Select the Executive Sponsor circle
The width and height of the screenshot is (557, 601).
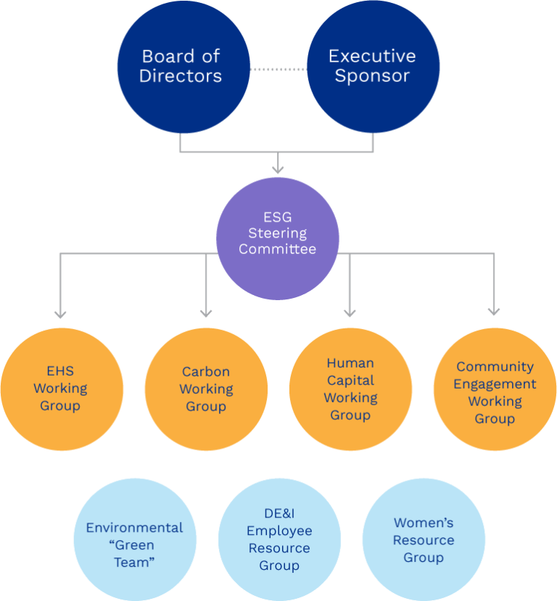pos(373,67)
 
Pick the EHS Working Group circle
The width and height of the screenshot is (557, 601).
pos(61,389)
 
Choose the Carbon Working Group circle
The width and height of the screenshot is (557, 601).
pos(206,389)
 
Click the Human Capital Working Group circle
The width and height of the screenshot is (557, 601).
pos(350,389)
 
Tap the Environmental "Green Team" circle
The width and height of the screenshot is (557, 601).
pos(135,539)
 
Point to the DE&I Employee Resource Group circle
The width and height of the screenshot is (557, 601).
pos(279,539)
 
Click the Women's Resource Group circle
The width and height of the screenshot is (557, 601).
pos(424,539)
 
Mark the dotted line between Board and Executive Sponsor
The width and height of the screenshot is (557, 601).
pos(278,69)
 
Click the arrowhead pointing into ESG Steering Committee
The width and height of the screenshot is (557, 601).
pos(278,170)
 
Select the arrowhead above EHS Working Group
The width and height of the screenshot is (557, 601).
pos(61,313)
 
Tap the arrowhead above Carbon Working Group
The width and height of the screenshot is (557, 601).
pos(206,312)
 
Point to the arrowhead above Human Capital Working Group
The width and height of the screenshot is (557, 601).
pos(350,312)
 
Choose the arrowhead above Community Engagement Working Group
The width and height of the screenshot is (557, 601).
pos(494,312)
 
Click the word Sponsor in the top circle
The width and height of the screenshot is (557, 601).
pos(372,76)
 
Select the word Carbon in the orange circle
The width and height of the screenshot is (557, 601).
pos(206,371)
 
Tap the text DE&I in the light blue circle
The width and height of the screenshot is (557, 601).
pos(279,513)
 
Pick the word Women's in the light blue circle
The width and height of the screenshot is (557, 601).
pos(424,522)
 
